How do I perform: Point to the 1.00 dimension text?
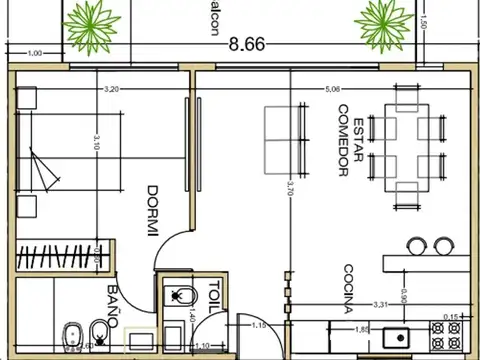35,53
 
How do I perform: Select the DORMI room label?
154,211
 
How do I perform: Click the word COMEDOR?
342,140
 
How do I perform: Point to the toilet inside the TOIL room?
179,296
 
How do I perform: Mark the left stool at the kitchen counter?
417,243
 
